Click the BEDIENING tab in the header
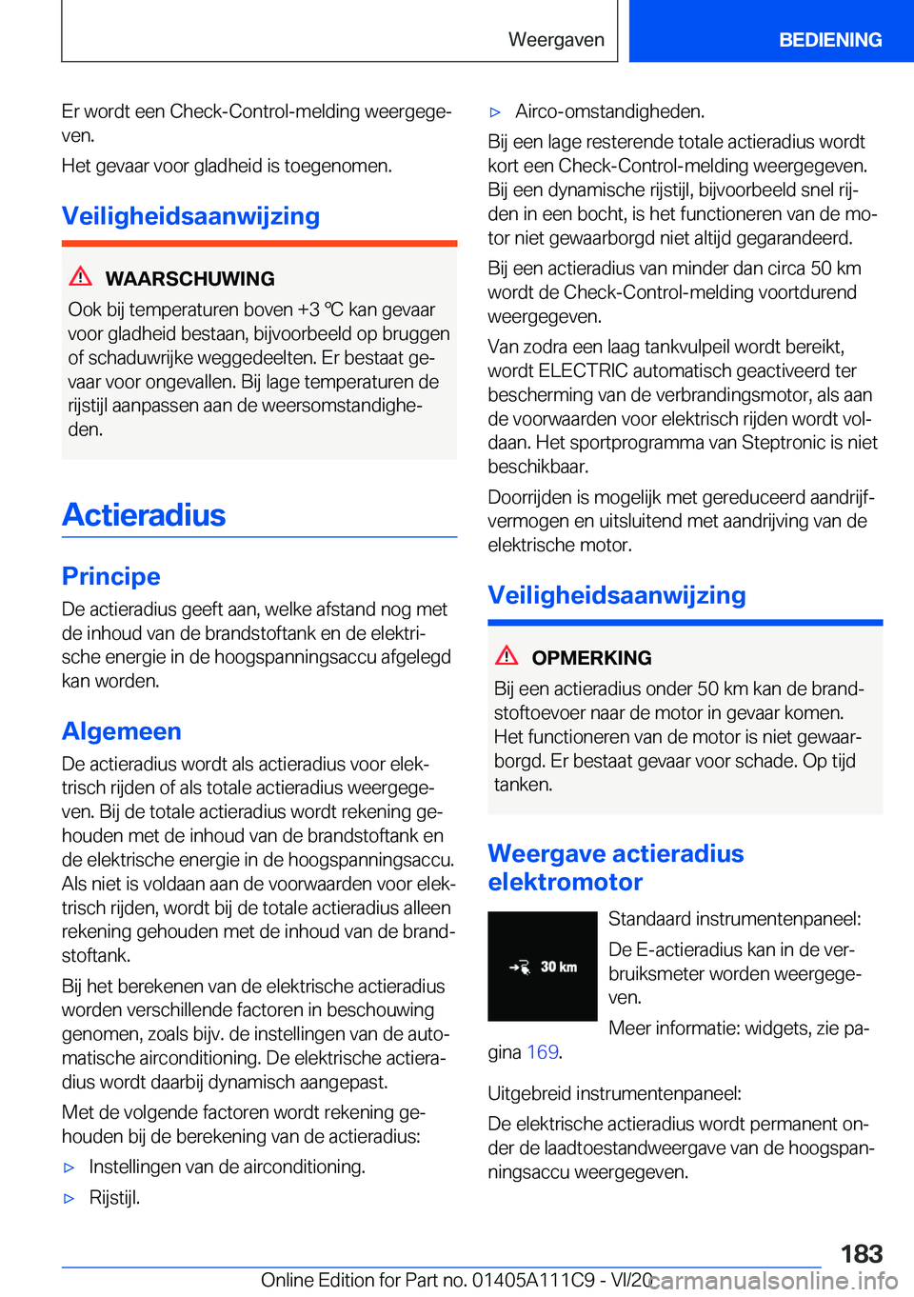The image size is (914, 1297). (829, 40)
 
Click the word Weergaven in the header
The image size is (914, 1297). (556, 40)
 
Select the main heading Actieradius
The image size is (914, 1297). (144, 515)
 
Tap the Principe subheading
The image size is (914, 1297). (110, 576)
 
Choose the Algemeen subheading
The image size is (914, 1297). (121, 731)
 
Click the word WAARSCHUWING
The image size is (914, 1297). (189, 279)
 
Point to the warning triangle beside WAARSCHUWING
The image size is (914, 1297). (81, 277)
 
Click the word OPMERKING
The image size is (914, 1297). (591, 658)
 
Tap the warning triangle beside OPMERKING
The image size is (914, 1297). (507, 656)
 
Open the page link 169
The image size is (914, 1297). (542, 1052)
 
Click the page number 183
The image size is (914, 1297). (861, 1254)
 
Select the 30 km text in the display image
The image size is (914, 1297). (559, 968)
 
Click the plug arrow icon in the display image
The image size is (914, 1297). (520, 968)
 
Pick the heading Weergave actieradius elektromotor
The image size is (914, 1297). (615, 868)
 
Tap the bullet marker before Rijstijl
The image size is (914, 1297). (69, 1199)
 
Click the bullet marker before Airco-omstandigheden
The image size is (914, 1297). (495, 112)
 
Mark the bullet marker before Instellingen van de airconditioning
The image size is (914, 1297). (69, 1167)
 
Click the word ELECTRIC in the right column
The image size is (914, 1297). (583, 371)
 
